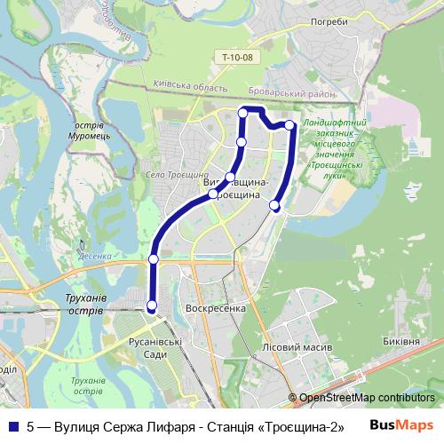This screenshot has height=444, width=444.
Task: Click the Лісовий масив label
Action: coord(297,346)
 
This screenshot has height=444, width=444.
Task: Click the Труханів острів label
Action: coord(86,305)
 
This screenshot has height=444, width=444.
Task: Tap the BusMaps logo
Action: coord(400,424)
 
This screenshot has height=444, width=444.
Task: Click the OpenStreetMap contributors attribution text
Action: coord(367,398)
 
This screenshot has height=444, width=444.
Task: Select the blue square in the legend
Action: coord(13,424)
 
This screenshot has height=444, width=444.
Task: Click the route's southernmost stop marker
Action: coord(152,306)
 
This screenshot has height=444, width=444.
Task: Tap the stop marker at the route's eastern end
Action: coord(274,206)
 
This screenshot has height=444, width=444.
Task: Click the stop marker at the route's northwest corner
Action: coord(242,112)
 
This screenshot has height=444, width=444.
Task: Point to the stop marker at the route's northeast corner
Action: coord(289,125)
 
